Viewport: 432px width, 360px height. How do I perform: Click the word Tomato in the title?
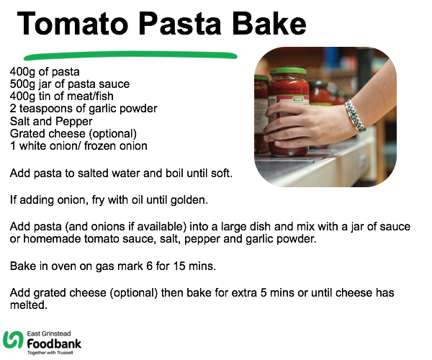point(73,24)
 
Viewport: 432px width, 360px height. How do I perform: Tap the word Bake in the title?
point(269,24)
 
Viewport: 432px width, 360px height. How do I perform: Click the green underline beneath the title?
point(130,55)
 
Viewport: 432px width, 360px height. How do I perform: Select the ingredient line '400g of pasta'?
point(45,72)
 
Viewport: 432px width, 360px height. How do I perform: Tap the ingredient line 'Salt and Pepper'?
point(51,122)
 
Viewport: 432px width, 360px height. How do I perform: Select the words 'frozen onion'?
point(116,146)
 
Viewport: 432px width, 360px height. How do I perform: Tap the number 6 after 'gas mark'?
point(149,266)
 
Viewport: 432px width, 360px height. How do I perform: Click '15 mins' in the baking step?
point(194,266)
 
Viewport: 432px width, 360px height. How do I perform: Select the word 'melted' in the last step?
point(28,305)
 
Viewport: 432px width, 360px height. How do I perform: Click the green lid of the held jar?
point(288,71)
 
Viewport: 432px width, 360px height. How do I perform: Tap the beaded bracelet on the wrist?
point(355,116)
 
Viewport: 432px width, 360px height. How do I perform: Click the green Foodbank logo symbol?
point(13,340)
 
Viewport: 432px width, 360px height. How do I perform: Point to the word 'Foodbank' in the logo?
point(54,344)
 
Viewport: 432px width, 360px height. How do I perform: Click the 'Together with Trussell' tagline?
point(50,353)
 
